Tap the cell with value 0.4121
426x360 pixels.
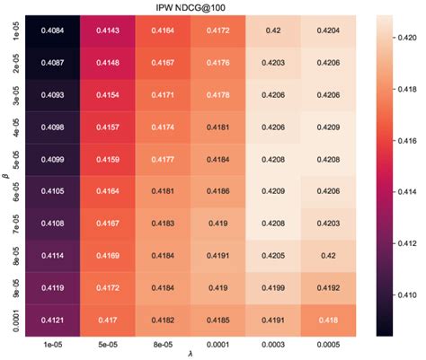53,319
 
